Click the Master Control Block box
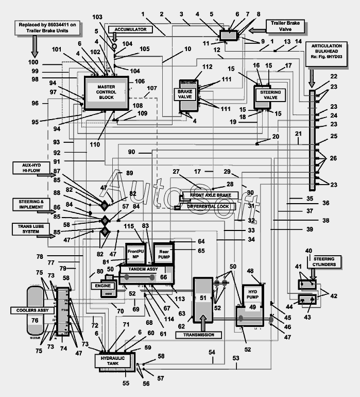pos(107,92)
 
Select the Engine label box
pos(102,285)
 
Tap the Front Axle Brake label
pos(210,195)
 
